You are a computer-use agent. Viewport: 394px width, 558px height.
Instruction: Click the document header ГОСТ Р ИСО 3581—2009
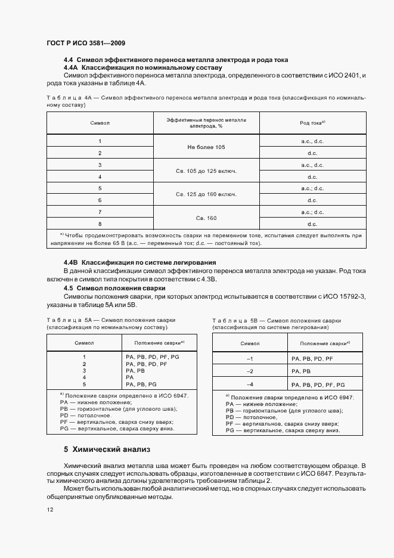coord(85,44)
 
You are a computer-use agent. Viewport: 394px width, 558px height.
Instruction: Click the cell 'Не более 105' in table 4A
coord(206,147)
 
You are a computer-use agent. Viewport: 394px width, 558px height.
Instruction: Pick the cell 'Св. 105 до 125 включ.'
coord(206,171)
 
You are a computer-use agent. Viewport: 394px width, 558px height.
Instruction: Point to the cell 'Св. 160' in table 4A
coord(206,218)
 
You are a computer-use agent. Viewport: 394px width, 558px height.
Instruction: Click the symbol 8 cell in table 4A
coord(100,224)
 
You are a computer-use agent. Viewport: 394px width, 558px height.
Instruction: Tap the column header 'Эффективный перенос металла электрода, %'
coord(206,123)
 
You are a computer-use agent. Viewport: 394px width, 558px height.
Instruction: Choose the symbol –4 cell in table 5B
coord(250,385)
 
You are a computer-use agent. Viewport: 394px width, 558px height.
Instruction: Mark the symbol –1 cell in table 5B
coord(250,358)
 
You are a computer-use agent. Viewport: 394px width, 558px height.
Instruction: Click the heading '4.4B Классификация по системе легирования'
coord(139,263)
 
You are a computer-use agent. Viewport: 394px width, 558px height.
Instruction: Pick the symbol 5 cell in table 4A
coord(100,188)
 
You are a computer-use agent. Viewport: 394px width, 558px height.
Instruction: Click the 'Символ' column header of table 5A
coord(84,343)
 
